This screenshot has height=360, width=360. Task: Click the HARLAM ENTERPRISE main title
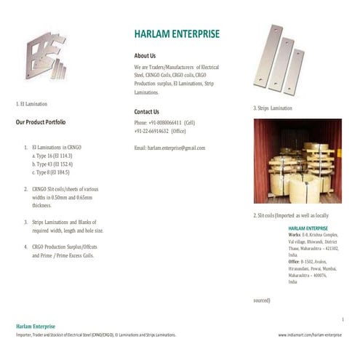[177, 34]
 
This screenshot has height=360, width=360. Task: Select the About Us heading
[145, 55]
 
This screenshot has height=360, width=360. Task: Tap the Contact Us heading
[146, 112]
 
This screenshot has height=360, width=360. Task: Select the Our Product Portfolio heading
[41, 122]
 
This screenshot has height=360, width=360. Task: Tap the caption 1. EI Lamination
[31, 105]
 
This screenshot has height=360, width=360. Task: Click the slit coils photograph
[297, 161]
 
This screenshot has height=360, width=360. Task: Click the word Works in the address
[295, 236]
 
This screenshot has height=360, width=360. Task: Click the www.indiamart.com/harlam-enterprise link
[310, 335]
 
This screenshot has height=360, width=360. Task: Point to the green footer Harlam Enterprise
[36, 326]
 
